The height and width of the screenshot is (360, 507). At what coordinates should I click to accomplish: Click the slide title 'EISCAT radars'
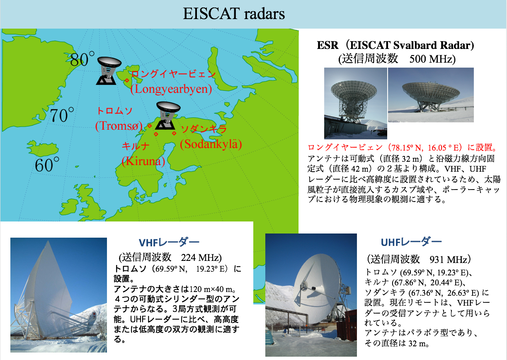[234, 14]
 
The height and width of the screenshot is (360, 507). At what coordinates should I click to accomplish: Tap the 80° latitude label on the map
[82, 59]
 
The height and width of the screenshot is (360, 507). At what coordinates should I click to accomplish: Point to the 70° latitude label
[62, 115]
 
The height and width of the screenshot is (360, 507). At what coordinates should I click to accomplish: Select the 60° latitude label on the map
[47, 164]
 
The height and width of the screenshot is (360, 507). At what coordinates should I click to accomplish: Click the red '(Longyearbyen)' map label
[171, 89]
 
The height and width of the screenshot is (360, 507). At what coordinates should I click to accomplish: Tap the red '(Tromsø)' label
[119, 126]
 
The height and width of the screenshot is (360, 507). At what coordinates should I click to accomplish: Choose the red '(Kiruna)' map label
[143, 161]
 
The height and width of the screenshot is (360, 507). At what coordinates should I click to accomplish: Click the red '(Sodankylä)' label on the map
[211, 144]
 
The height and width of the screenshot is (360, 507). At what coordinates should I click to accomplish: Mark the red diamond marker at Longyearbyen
[127, 80]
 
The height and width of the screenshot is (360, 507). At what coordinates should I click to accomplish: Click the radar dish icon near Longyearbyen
[108, 71]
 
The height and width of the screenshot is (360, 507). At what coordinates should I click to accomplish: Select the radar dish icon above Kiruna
[167, 115]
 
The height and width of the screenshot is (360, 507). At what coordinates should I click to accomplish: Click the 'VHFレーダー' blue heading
[169, 243]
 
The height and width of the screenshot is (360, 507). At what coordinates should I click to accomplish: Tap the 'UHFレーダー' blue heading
[411, 242]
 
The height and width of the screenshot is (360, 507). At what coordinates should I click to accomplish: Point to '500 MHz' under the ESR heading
[432, 59]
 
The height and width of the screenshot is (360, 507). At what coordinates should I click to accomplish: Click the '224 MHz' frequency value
[201, 258]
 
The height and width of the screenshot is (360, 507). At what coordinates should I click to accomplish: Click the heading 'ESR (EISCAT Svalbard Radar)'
[395, 45]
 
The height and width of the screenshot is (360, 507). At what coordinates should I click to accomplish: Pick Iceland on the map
[43, 148]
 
